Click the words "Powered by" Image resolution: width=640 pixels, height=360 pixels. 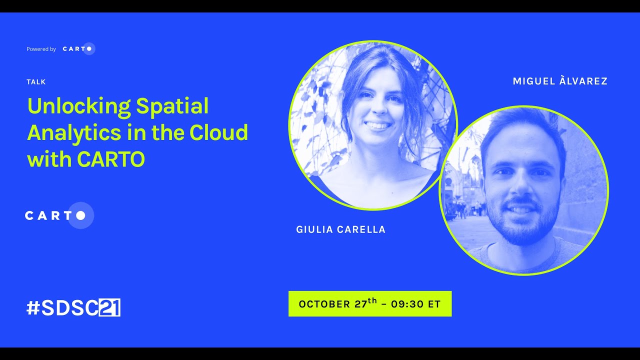coord(41,49)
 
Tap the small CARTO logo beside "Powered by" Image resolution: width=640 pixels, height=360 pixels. coord(78,48)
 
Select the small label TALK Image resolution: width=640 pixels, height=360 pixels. coord(36,82)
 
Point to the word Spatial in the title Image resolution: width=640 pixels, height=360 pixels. coord(172,106)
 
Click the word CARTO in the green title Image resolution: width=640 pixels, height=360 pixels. coord(111,159)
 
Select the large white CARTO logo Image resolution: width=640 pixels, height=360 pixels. coord(59,215)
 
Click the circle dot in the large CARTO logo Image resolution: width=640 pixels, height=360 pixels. coord(80,215)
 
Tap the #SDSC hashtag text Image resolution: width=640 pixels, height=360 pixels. coord(62,308)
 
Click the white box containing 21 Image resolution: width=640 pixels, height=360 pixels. coord(109,308)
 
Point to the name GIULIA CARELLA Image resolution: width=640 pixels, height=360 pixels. coord(341,230)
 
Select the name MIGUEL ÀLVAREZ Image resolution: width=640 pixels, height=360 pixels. coord(560,81)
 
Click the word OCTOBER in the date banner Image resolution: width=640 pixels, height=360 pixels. coord(324,304)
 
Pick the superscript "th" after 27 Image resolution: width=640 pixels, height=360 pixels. coord(372,300)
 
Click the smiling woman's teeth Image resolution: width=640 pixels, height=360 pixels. coord(378,125)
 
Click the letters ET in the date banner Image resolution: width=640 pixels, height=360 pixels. coord(434,304)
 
